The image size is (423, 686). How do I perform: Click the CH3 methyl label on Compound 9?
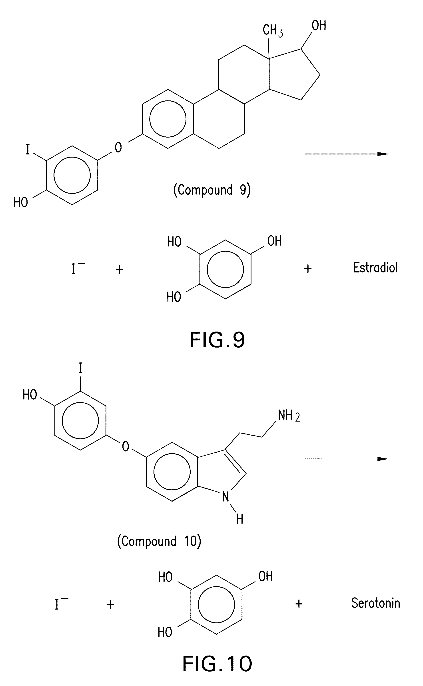[x=273, y=30]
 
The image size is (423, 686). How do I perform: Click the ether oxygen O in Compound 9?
[x=118, y=147]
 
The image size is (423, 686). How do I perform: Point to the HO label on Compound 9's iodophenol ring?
[x=21, y=202]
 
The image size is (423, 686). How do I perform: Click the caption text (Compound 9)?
[x=212, y=190]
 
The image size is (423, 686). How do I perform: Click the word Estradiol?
[x=375, y=268]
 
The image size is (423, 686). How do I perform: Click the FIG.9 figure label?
[x=217, y=340]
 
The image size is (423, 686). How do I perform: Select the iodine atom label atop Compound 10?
[x=81, y=368]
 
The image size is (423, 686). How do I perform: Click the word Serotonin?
[x=375, y=603]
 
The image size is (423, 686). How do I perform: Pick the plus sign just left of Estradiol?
[x=308, y=269]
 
